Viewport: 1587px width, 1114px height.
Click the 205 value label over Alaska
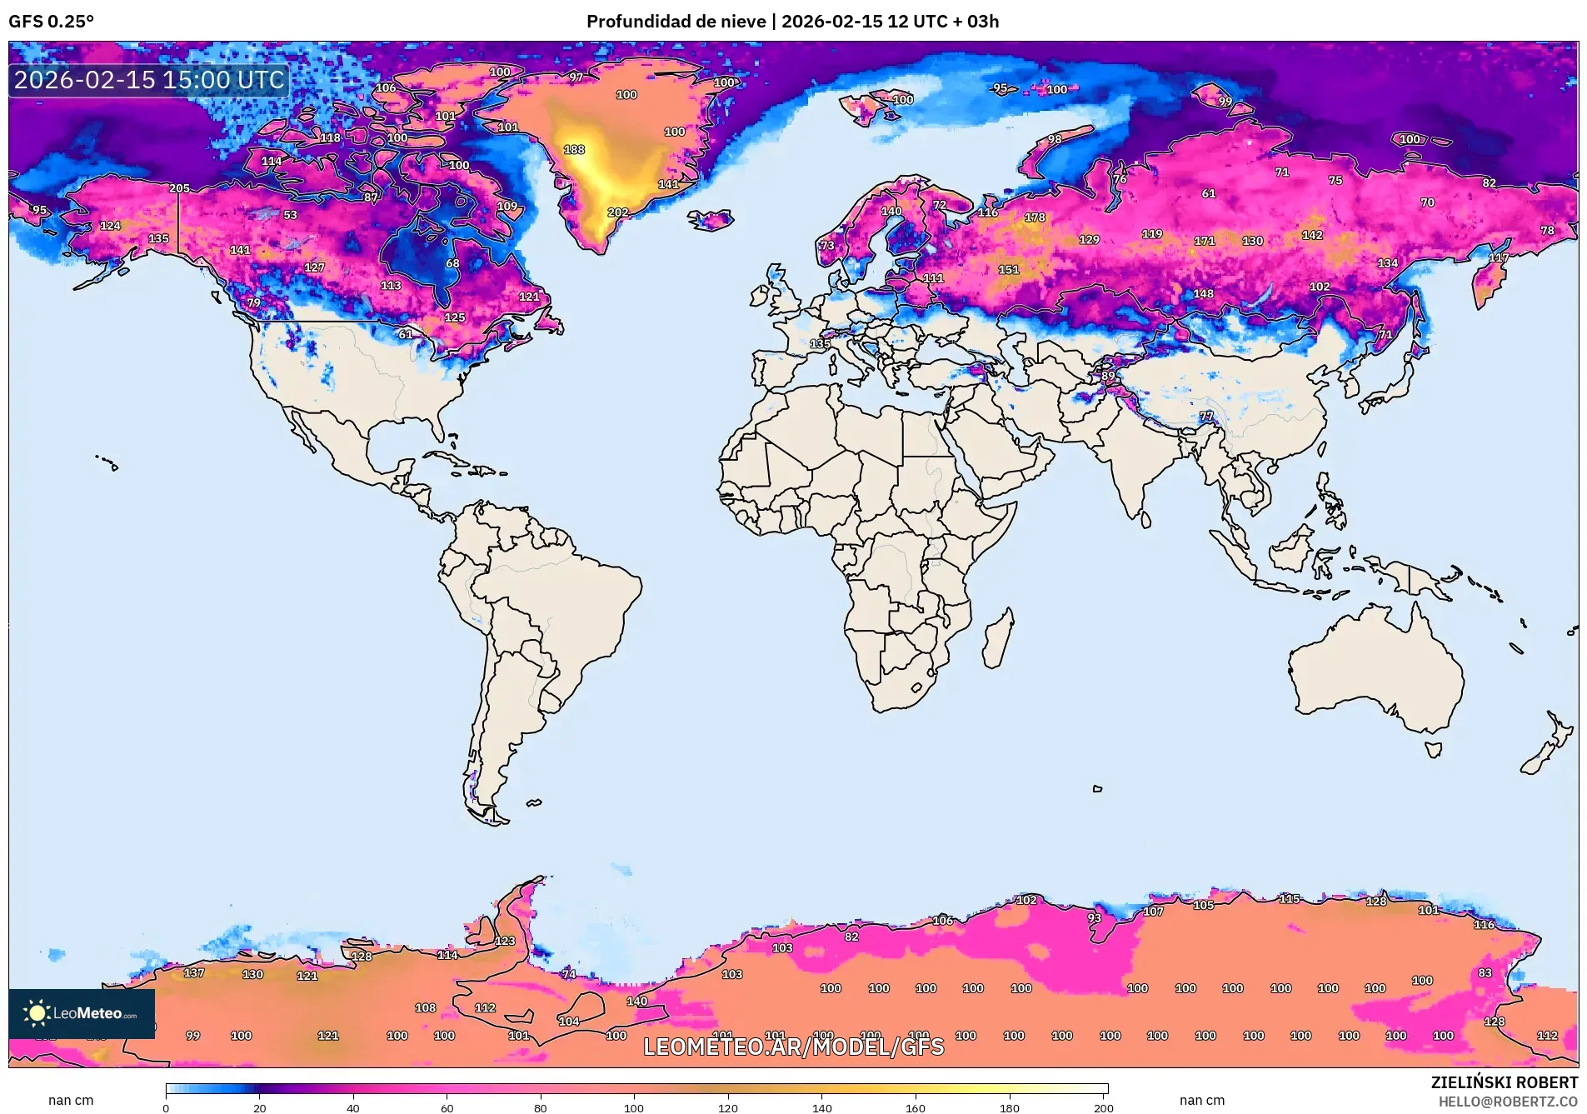pyautogui.click(x=179, y=188)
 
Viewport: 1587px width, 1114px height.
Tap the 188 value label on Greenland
pyautogui.click(x=574, y=150)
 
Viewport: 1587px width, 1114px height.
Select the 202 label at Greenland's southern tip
pyautogui.click(x=618, y=212)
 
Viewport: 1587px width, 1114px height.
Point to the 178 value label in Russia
pyautogui.click(x=1035, y=217)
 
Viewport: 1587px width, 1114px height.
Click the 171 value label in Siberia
pyautogui.click(x=1205, y=241)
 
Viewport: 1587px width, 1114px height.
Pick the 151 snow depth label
pyautogui.click(x=1009, y=270)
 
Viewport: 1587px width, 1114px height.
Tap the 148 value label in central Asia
pyautogui.click(x=1203, y=294)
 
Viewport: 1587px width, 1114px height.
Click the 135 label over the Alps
pyautogui.click(x=820, y=343)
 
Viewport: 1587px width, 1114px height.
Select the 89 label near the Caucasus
pyautogui.click(x=1108, y=376)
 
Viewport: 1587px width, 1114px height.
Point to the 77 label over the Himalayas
pyautogui.click(x=1206, y=416)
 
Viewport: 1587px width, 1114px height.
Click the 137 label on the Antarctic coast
pyautogui.click(x=194, y=973)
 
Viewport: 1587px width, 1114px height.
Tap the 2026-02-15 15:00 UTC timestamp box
pyautogui.click(x=149, y=80)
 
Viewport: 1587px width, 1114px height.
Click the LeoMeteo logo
pyautogui.click(x=82, y=1013)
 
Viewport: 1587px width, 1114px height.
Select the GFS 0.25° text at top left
pyautogui.click(x=52, y=22)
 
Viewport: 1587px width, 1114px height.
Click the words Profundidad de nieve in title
pyautogui.click(x=676, y=22)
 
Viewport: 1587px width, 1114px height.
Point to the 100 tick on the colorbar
pyautogui.click(x=634, y=1107)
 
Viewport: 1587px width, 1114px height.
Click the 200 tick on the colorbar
pyautogui.click(x=1103, y=1107)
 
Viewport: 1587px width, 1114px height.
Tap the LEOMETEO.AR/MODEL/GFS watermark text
pyautogui.click(x=793, y=1047)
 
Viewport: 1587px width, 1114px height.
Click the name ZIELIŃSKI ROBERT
pyautogui.click(x=1504, y=1082)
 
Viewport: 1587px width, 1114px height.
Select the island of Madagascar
pyautogui.click(x=998, y=640)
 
